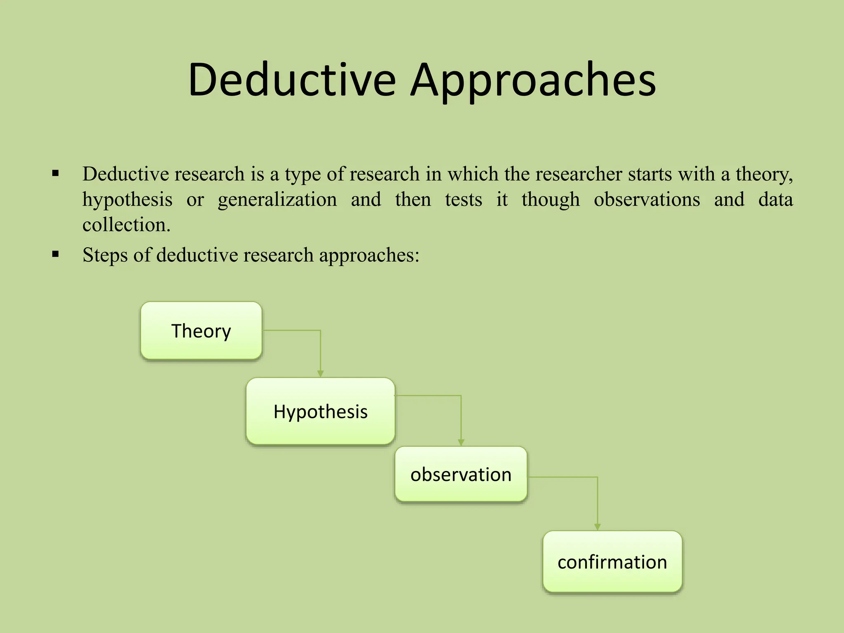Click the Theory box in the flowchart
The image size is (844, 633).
pos(201,331)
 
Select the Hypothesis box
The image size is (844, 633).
pos(321,411)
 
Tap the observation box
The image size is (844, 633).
pos(461,474)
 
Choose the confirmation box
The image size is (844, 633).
pos(612,562)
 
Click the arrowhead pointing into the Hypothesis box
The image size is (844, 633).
pos(320,373)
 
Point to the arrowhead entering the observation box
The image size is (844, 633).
pos(461,442)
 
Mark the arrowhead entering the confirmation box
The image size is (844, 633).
pos(598,527)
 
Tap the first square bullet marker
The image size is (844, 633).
pos(56,173)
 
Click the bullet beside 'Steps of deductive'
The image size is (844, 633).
pos(56,255)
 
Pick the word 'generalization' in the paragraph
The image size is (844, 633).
pos(277,200)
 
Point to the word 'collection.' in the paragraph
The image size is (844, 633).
pos(126,225)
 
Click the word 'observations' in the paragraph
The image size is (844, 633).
pos(647,200)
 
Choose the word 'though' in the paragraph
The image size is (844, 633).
pos(550,200)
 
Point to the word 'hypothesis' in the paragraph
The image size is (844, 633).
pos(127,200)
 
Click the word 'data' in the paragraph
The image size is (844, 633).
pos(775,200)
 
